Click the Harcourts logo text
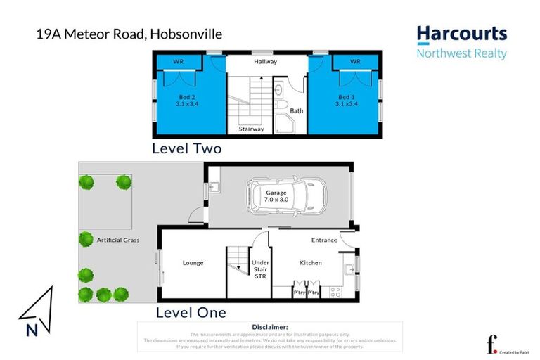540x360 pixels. click(461, 34)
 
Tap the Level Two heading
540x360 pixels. click(187, 148)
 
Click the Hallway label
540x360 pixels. click(266, 62)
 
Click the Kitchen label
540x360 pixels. click(311, 263)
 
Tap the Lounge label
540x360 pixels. click(193, 263)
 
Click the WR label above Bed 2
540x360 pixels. click(178, 62)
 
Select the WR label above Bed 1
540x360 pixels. click(355, 62)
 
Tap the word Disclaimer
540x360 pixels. click(269, 327)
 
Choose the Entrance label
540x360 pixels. click(324, 240)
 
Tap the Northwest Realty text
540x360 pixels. click(461, 53)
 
